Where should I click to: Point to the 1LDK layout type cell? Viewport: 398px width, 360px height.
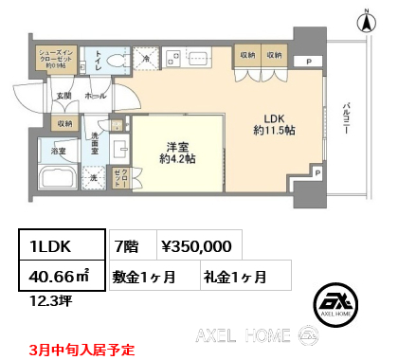[55, 245]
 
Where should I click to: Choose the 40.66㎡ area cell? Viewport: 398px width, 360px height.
[55, 277]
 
